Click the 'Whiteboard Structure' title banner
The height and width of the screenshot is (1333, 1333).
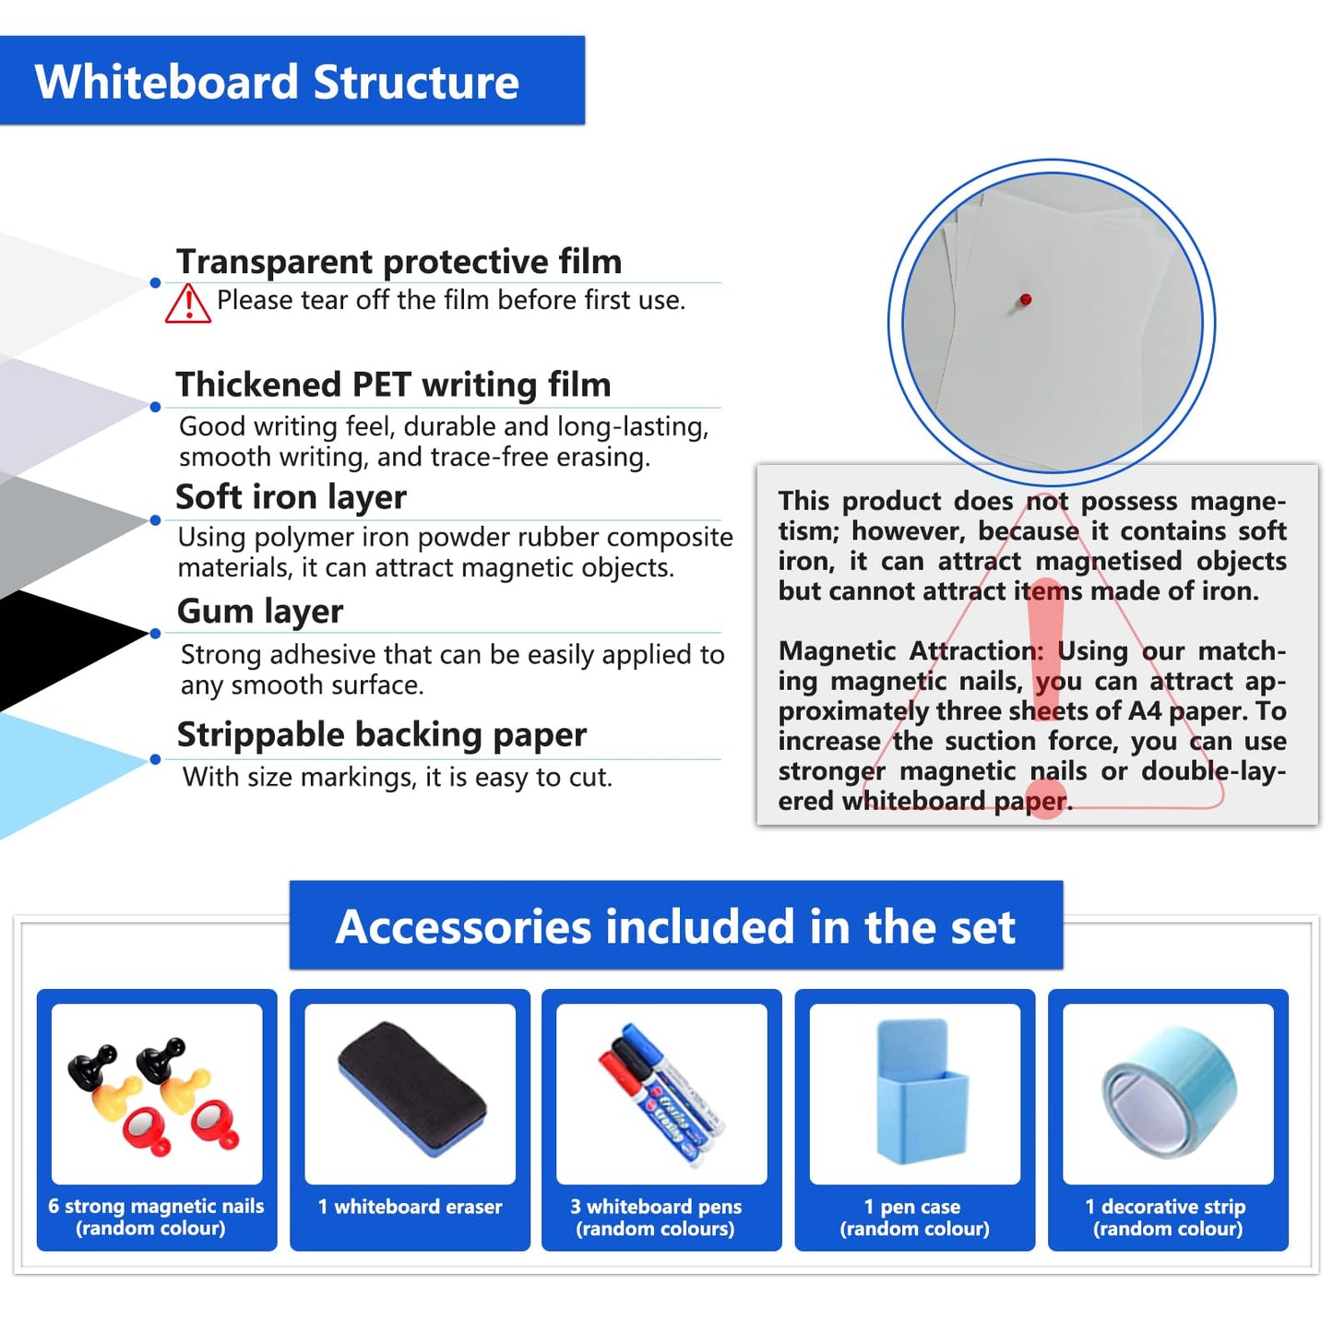(x=277, y=81)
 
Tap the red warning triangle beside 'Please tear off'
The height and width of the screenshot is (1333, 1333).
(x=188, y=303)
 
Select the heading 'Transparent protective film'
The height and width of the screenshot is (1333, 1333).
(x=399, y=261)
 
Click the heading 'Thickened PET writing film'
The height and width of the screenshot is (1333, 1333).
(x=393, y=384)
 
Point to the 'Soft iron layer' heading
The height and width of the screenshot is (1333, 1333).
(x=291, y=497)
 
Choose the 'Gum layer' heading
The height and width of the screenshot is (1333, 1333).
(x=260, y=611)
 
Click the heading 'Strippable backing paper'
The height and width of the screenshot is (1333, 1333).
(x=381, y=734)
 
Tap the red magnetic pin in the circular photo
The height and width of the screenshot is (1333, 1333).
(x=1025, y=300)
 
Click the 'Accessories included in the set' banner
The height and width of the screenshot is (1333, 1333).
(x=675, y=926)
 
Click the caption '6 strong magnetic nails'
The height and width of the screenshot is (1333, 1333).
(x=156, y=1206)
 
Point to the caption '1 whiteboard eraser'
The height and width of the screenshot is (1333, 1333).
(x=410, y=1207)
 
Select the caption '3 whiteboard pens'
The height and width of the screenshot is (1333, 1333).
(x=656, y=1207)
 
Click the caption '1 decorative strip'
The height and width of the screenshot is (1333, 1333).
(x=1165, y=1207)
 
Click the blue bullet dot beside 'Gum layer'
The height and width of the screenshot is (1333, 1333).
(x=155, y=634)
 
